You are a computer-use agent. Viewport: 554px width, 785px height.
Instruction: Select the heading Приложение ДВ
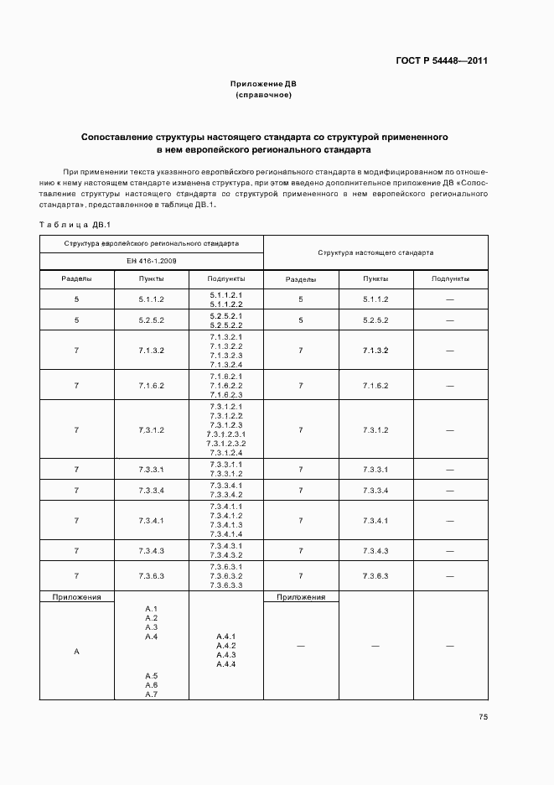(263, 85)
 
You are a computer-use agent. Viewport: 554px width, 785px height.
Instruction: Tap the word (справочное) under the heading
(263, 96)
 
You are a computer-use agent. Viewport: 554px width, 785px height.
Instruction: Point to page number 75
(484, 716)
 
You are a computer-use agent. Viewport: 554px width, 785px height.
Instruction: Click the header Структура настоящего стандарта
(375, 252)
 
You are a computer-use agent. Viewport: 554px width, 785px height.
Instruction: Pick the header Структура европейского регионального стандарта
(152, 243)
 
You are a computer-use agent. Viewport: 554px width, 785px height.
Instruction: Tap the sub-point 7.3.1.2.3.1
(225, 434)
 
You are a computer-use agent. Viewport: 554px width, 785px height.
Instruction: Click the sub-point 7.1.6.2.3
(225, 394)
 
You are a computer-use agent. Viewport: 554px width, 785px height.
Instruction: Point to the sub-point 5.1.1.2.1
(225, 294)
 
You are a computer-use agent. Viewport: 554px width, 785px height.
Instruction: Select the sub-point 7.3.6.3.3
(225, 585)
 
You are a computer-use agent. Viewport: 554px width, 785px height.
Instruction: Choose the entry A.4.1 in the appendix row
(225, 636)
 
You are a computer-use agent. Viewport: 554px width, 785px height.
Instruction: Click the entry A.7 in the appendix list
(152, 694)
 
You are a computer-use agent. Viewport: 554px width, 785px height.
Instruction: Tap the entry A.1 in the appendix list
(152, 608)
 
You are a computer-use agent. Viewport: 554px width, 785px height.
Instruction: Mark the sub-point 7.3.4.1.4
(225, 534)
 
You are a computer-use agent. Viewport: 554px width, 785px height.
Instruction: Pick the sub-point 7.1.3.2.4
(225, 365)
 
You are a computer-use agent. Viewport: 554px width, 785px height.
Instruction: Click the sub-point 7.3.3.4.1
(225, 486)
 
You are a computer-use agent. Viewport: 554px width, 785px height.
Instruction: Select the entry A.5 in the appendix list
(152, 675)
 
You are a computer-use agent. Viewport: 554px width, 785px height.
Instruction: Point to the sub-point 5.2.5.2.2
(225, 325)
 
